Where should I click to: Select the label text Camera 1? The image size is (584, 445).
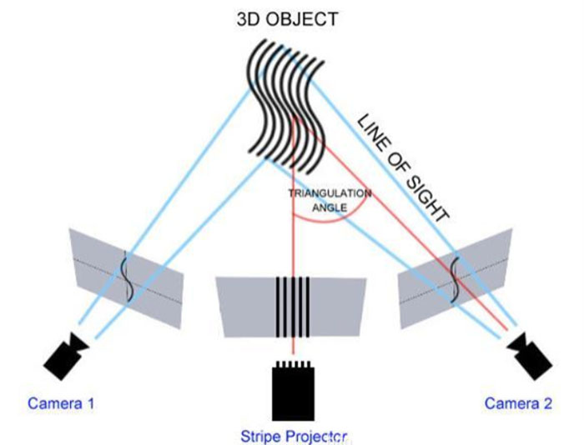61,404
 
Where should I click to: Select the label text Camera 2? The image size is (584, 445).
519,404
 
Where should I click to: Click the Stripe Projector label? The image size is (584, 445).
293,434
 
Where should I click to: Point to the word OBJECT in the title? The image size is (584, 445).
310,17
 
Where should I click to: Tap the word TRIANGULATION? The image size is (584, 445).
329,193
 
